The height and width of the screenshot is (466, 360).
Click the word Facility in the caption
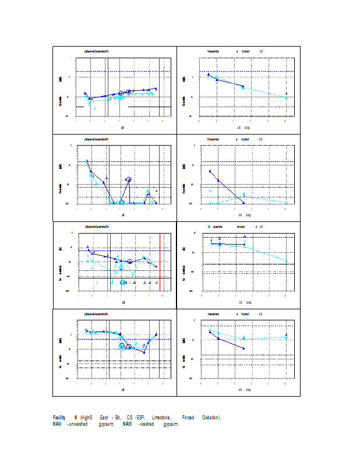pyautogui.click(x=59, y=418)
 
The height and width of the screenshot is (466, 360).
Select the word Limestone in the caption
pyautogui.click(x=161, y=418)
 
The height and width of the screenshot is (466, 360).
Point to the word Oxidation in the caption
pyautogui.click(x=211, y=418)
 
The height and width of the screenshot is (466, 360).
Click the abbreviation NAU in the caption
pyautogui.click(x=57, y=423)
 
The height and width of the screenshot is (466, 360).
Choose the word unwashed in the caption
pyautogui.click(x=82, y=423)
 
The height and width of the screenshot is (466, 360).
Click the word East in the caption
pyautogui.click(x=104, y=418)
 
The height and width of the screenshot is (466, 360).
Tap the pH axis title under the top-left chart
pyautogui.click(x=123, y=127)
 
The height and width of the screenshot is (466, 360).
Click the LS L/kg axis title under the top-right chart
pyautogui.click(x=244, y=127)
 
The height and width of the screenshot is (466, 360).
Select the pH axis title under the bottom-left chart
pyautogui.click(x=123, y=389)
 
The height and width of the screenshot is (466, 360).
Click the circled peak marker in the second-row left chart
pyautogui.click(x=129, y=179)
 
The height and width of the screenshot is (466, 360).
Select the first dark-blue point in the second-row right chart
pyautogui.click(x=210, y=171)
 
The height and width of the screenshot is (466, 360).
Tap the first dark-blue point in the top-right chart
pyautogui.click(x=209, y=74)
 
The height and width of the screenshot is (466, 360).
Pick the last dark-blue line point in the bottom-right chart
pyautogui.click(x=243, y=348)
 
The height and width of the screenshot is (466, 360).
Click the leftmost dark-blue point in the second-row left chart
pyautogui.click(x=87, y=161)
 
